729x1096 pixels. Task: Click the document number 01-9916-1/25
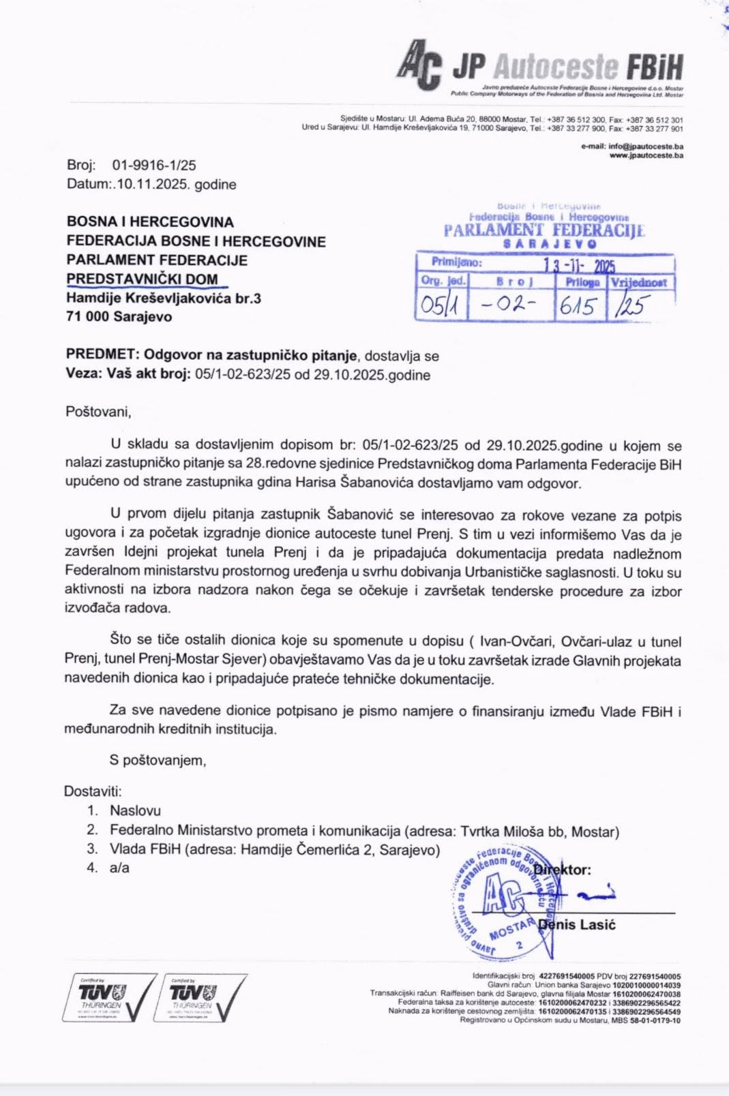[x=155, y=165]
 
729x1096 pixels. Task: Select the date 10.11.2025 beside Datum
[x=152, y=184]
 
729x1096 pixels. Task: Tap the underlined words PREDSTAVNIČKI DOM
[x=142, y=279]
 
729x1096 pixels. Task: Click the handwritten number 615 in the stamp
[x=578, y=306]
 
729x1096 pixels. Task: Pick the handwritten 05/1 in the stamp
[x=439, y=305]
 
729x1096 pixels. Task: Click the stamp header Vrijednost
[x=639, y=282]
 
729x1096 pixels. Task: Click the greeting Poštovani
[x=98, y=412]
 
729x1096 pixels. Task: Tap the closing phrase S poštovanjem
[x=158, y=760]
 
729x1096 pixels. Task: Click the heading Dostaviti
[x=93, y=791]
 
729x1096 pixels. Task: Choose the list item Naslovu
[x=135, y=810]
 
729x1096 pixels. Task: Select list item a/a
[x=119, y=868]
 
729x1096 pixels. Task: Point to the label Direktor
[x=563, y=870]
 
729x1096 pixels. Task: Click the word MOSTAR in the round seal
[x=511, y=929]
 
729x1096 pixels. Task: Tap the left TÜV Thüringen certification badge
[x=109, y=998]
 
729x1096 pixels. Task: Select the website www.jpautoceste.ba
[x=646, y=155]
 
